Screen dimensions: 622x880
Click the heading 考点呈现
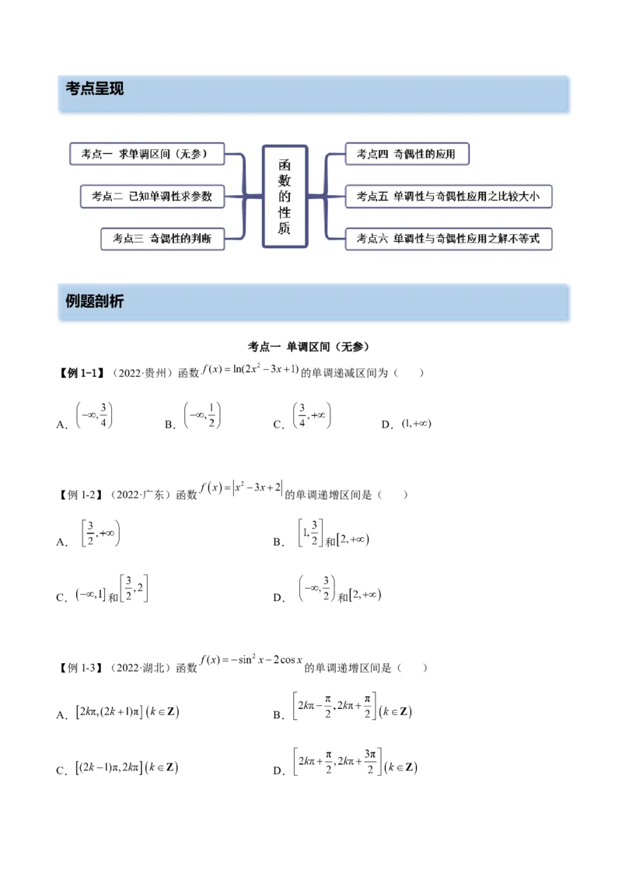click(x=95, y=89)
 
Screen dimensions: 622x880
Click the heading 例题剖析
click(x=95, y=302)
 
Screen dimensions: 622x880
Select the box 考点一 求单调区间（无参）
click(x=148, y=154)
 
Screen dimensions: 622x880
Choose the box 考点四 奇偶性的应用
click(x=406, y=154)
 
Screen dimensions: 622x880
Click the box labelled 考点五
click(x=448, y=196)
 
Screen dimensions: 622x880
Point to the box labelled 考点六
click(x=448, y=238)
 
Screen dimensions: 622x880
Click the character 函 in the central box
click(x=285, y=165)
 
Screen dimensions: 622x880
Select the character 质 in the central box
click(x=285, y=227)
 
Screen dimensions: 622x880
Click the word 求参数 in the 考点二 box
click(x=196, y=196)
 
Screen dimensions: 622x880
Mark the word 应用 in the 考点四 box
click(x=446, y=154)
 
